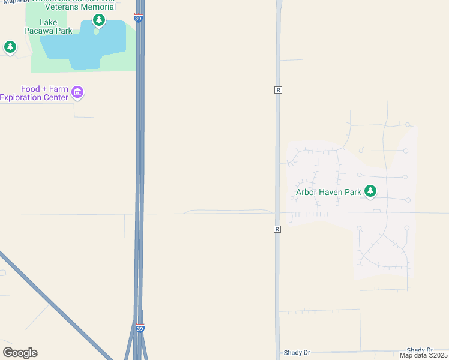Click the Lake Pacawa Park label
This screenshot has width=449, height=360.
48,26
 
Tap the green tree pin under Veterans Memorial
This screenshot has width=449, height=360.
99,21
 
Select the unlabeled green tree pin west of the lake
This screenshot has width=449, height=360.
10,47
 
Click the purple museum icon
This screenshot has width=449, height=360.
77,92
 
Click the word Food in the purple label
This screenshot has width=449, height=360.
31,89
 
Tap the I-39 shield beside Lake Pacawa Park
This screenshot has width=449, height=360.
139,17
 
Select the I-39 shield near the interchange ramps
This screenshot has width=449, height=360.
140,328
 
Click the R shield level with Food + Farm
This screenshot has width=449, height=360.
278,89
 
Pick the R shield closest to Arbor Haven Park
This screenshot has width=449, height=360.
277,229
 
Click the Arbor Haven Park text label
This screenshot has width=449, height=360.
328,193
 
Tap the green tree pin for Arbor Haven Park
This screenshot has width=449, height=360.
371,191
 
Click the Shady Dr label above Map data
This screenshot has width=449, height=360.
420,350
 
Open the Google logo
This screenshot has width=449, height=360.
20,353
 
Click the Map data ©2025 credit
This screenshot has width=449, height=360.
423,355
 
